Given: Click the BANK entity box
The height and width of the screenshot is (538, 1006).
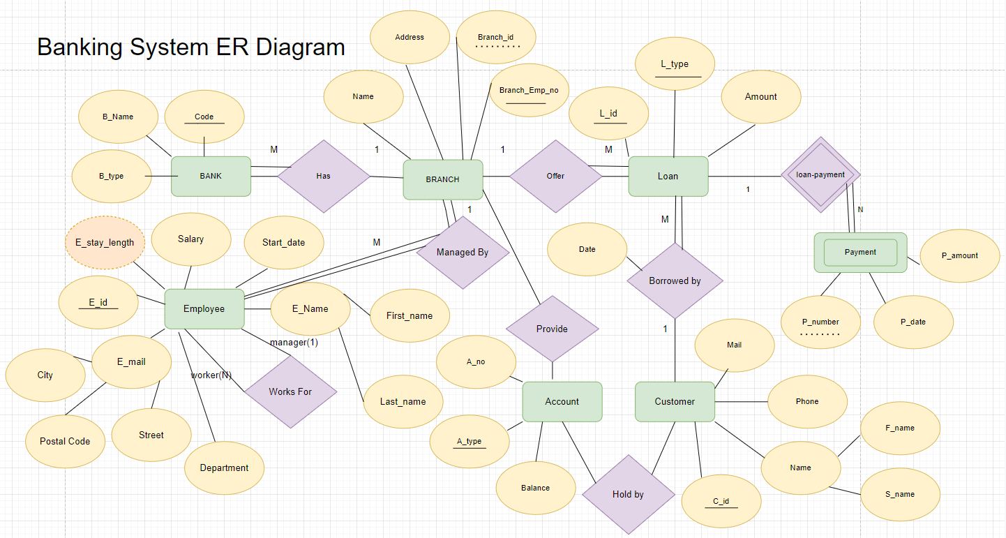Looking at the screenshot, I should point(211,176).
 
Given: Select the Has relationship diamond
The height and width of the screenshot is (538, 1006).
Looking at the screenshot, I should point(324,176).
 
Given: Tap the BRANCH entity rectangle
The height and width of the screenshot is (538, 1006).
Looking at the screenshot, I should point(443,179).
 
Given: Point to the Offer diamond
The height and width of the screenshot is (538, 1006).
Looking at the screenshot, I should point(555,176).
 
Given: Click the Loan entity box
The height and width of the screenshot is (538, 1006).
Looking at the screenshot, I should point(668,176).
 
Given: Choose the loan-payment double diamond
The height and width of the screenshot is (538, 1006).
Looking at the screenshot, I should point(820,175).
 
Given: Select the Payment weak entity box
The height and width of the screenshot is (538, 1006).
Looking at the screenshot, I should point(860,252).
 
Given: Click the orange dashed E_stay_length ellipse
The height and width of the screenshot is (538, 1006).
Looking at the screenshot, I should point(105,243).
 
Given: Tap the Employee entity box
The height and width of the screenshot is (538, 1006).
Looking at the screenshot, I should point(204,308).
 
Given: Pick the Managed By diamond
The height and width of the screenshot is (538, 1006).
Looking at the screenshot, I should point(463,253).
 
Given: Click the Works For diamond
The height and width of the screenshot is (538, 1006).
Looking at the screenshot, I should point(290,391).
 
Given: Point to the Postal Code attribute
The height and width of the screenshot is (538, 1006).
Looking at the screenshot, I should point(65,441).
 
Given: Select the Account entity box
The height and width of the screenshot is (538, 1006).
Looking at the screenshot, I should point(562,401).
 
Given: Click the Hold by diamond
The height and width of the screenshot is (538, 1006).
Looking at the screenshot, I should point(628,494).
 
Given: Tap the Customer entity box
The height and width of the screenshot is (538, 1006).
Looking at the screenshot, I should point(675,401).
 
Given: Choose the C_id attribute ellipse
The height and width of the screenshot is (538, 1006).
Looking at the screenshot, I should point(721,501).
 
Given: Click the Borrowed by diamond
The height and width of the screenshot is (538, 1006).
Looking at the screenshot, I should point(675,281).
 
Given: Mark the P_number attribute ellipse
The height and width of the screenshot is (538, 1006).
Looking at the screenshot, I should point(820,322).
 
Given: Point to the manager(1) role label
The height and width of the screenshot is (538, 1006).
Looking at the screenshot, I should point(294,343).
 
